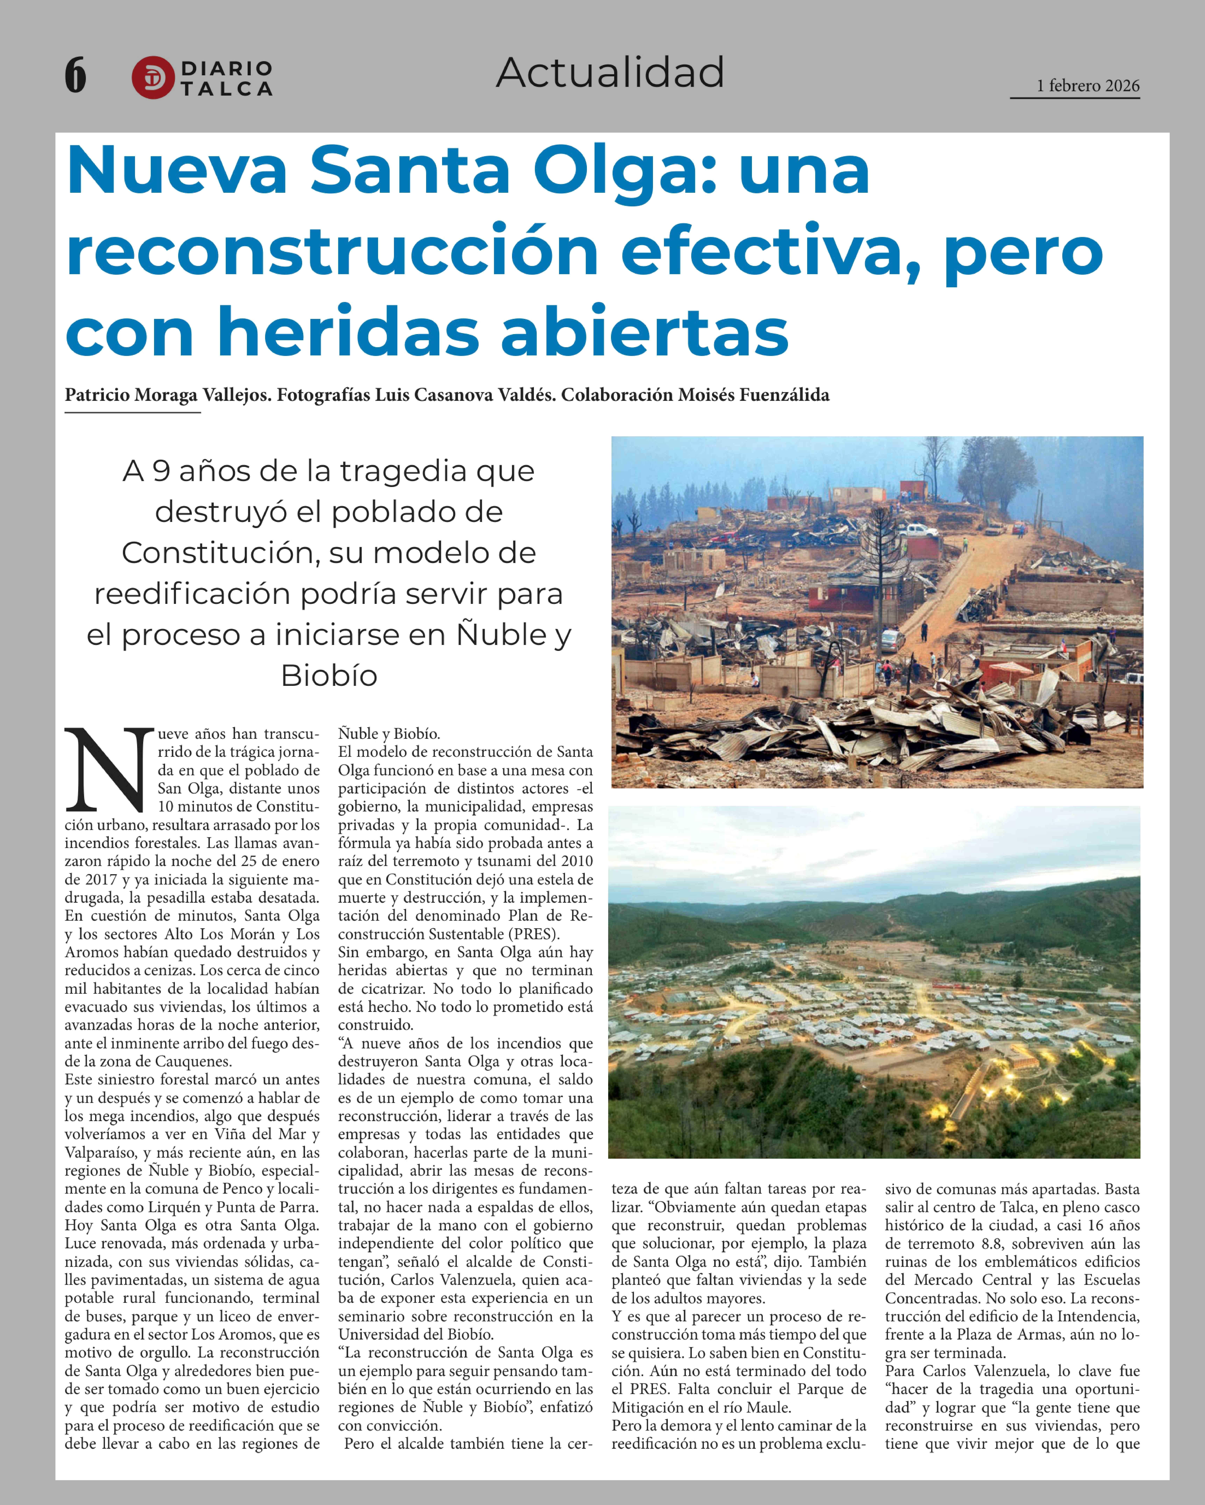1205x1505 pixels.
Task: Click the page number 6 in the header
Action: [x=75, y=75]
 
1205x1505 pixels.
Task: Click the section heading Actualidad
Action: [x=610, y=73]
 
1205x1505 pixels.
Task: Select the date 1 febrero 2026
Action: [x=1088, y=86]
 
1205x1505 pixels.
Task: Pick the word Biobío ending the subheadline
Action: [x=329, y=676]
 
